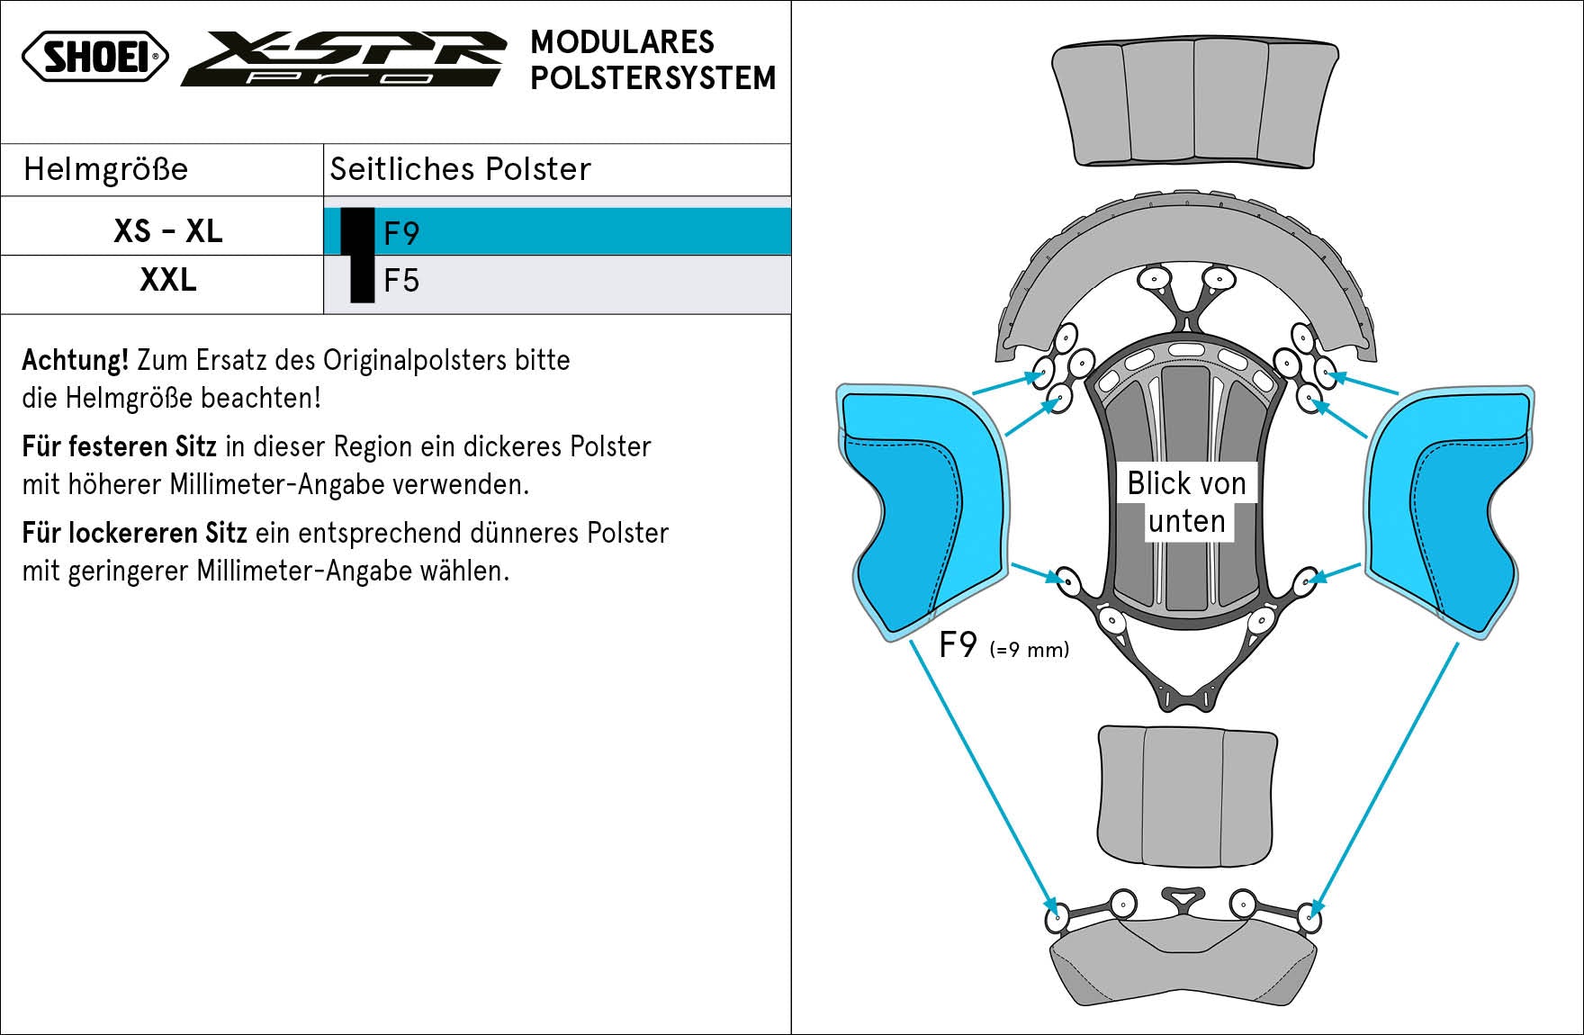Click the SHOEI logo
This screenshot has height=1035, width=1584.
(x=95, y=57)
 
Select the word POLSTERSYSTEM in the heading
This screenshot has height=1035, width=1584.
(x=652, y=78)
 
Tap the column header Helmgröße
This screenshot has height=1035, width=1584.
(x=106, y=169)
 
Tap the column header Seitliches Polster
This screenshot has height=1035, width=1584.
(x=460, y=169)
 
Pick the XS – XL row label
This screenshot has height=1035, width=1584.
(x=167, y=231)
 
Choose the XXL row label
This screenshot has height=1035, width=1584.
(x=167, y=280)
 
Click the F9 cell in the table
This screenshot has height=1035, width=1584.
(x=401, y=233)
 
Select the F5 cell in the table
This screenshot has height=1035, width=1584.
(x=401, y=281)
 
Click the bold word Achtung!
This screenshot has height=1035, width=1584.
(x=76, y=360)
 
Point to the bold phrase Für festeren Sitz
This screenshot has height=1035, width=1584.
(x=119, y=446)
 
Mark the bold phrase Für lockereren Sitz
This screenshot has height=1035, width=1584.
(x=134, y=533)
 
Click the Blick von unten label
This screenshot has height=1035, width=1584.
(x=1186, y=502)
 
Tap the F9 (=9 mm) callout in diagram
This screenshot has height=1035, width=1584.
(x=1003, y=646)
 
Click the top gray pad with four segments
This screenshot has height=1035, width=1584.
(x=1194, y=103)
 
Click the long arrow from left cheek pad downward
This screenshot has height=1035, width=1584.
(x=981, y=774)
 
